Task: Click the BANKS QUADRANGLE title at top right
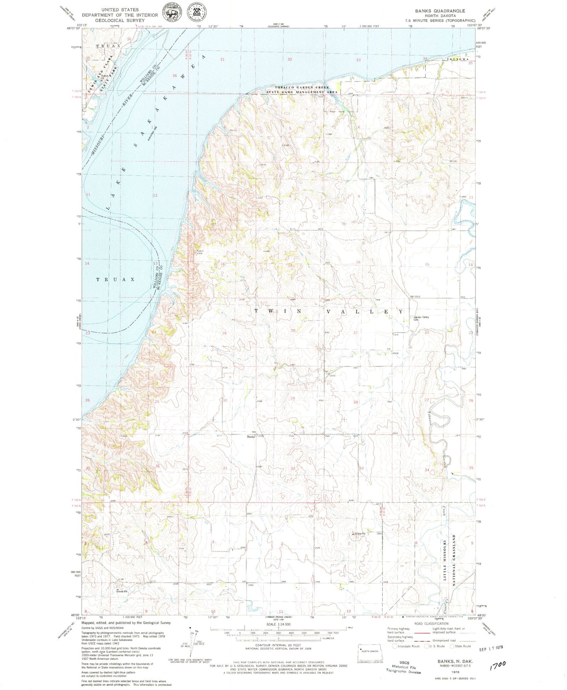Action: click(x=440, y=11)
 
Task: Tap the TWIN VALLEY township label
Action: click(x=328, y=311)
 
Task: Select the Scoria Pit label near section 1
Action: click(x=360, y=533)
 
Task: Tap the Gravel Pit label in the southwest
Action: click(x=121, y=591)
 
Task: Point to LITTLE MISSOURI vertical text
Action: click(x=445, y=560)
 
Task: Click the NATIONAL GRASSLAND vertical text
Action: click(x=454, y=560)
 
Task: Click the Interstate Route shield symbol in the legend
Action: click(x=395, y=646)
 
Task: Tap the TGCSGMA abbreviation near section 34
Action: click(x=458, y=59)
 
